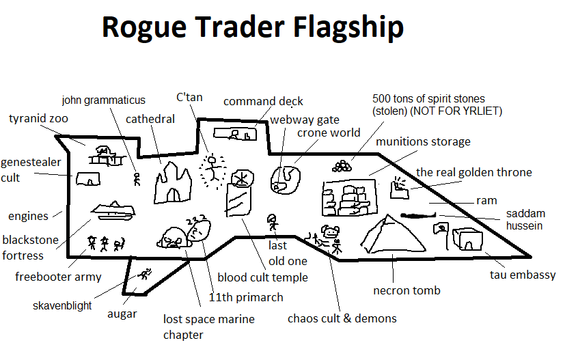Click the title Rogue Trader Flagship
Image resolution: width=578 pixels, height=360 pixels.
[252, 28]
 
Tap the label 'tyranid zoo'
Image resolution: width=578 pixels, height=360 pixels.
[38, 119]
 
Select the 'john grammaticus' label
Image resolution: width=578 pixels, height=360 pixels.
[104, 100]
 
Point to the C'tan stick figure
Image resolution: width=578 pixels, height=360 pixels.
[213, 167]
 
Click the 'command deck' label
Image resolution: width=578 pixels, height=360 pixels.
[263, 102]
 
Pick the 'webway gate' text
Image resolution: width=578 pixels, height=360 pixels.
[304, 120]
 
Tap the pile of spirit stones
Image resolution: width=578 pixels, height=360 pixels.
[343, 165]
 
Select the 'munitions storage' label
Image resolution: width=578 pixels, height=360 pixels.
[423, 141]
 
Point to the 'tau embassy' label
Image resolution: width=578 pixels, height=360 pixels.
[523, 275]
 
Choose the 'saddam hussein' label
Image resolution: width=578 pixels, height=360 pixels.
[525, 219]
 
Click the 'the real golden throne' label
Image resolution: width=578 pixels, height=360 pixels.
[473, 172]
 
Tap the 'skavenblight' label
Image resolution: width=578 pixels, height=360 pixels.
[62, 305]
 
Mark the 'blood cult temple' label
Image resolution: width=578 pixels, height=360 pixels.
[262, 277]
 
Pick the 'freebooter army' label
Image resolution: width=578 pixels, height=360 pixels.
[58, 277]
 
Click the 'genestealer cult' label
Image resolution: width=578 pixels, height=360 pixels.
[31, 170]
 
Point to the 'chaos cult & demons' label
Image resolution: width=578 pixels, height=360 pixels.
[342, 318]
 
